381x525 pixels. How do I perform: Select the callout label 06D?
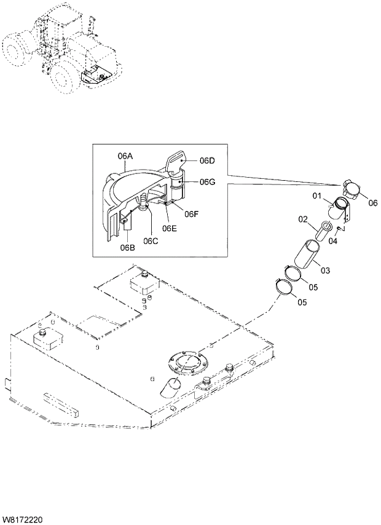coord(207,161)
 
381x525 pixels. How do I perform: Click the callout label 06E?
coord(170,229)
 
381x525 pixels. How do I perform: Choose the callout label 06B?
coord(127,248)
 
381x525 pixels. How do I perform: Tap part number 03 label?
coord(325,269)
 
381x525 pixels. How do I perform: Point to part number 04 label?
coord(333,241)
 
